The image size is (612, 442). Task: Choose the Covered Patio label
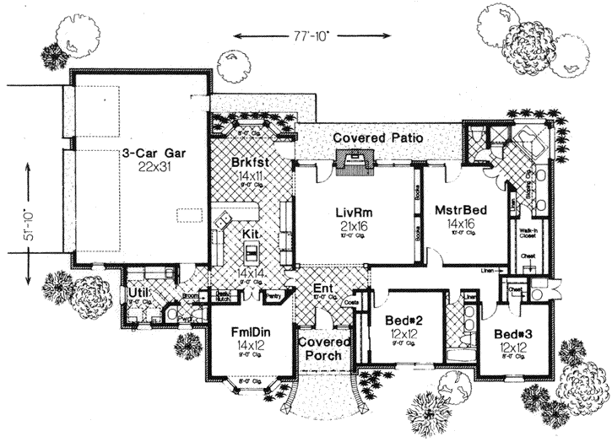tap(377, 137)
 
